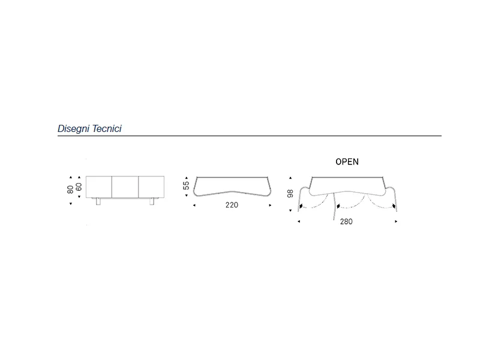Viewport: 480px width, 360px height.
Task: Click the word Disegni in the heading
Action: click(73, 128)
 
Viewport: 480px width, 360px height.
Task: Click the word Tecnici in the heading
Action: click(107, 128)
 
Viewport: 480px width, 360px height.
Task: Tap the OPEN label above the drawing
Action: click(347, 161)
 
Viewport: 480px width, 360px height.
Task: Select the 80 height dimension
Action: click(70, 190)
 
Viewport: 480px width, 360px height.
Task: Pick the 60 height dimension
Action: click(79, 187)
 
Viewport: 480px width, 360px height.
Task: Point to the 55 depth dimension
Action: click(186, 185)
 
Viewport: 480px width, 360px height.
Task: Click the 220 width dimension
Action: click(232, 205)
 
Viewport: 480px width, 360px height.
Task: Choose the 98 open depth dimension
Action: click(290, 193)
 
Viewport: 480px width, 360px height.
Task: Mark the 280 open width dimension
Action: click(346, 221)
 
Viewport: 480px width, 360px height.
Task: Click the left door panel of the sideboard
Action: click(99, 187)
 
